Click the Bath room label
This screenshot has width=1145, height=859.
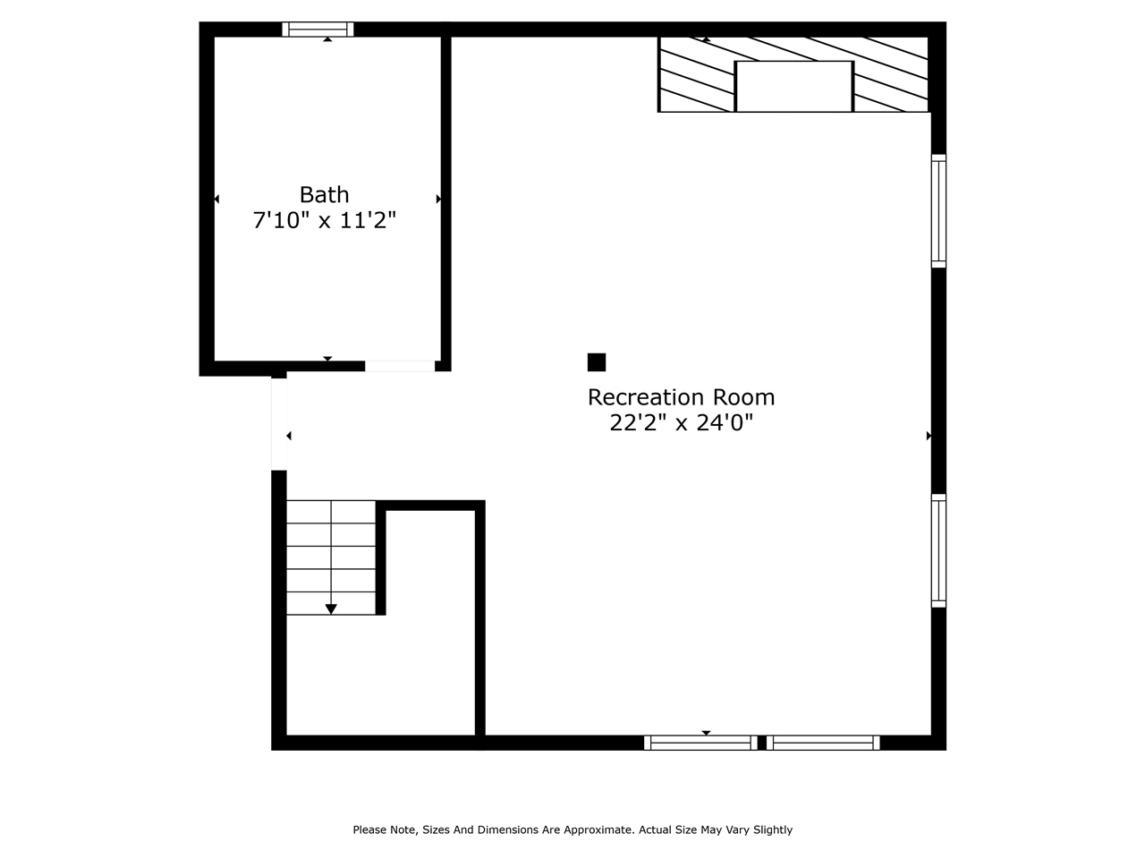(324, 194)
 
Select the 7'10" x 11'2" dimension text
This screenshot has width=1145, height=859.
(324, 220)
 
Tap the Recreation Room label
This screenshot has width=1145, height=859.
(681, 397)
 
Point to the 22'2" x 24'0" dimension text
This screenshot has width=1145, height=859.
(681, 423)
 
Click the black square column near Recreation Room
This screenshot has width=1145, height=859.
(597, 362)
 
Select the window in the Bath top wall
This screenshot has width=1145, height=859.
(318, 30)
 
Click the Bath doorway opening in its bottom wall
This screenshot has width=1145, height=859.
(400, 366)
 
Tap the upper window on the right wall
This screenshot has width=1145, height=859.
(938, 211)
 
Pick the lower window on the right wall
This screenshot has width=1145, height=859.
(938, 550)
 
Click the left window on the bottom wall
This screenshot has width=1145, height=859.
(700, 743)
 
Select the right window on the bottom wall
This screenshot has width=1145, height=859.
(823, 743)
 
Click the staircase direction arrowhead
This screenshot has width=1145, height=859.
(331, 609)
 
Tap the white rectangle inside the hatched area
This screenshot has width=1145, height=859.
(793, 87)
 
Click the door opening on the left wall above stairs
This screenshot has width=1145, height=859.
(279, 423)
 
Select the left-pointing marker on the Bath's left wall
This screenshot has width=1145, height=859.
(216, 199)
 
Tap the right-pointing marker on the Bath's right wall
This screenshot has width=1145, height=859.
(438, 199)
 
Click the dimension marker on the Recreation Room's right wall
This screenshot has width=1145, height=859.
(929, 436)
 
